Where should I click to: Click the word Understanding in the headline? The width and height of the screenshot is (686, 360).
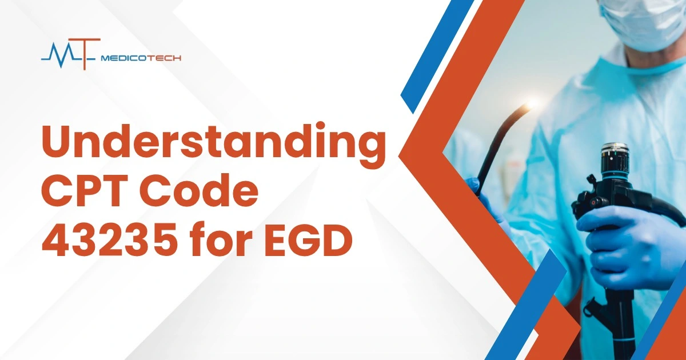213,145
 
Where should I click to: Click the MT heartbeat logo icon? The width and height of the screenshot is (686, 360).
71,54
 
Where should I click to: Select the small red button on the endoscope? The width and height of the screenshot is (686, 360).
593,202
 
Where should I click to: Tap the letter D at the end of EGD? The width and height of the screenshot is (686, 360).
336,239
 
